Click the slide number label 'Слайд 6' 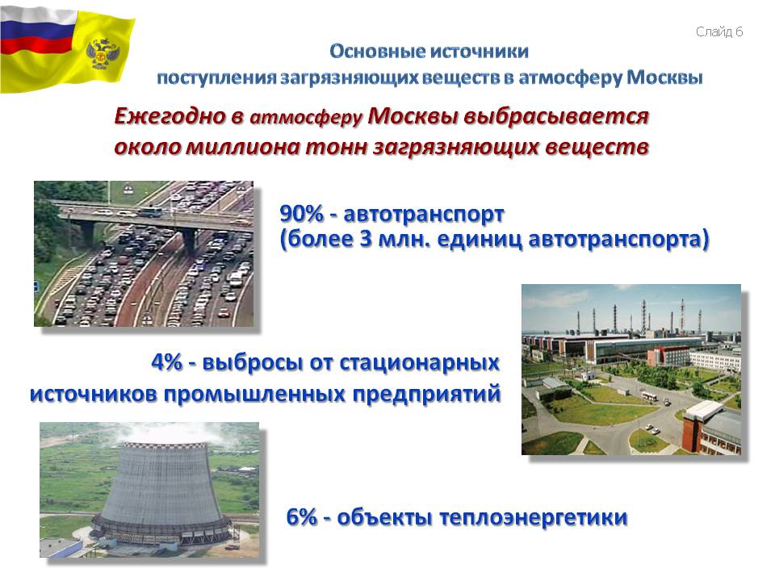tap(719, 32)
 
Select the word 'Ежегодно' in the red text tap(170, 116)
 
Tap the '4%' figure tap(166, 362)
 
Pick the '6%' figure tap(301, 517)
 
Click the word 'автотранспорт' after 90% tap(424, 215)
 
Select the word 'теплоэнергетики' tap(534, 518)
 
